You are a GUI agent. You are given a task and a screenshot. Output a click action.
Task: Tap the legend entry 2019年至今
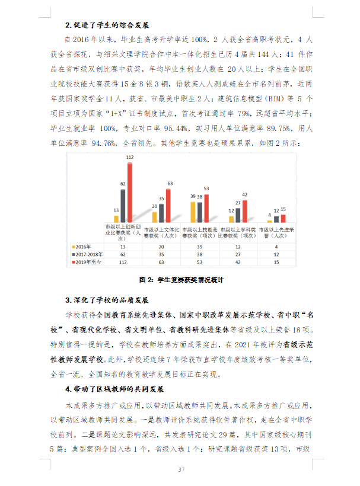(x=88, y=261)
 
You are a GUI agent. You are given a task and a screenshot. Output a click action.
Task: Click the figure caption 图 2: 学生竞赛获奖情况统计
(x=180, y=279)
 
